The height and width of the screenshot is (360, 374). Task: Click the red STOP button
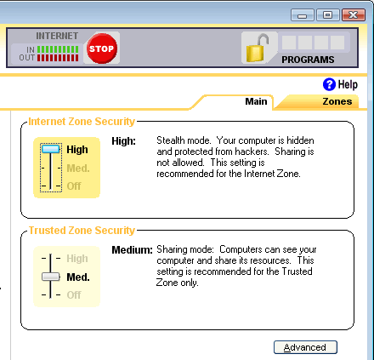(x=102, y=49)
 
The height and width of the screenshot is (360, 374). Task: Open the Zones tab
(x=337, y=101)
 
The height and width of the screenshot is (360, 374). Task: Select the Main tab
(x=256, y=101)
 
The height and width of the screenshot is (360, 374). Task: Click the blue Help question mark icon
(x=329, y=84)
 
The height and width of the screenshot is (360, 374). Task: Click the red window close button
(x=354, y=14)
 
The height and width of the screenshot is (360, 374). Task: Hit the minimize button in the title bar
(x=303, y=14)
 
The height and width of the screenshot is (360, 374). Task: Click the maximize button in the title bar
(x=328, y=14)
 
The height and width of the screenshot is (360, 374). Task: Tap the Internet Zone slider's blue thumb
(x=51, y=149)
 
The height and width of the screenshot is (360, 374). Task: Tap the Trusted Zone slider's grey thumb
(x=51, y=277)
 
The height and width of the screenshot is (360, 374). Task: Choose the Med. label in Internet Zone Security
(x=78, y=169)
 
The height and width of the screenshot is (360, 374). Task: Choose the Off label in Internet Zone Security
(x=74, y=186)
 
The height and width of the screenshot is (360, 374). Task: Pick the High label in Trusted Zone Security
(x=77, y=259)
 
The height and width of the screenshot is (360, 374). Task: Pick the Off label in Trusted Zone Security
(x=74, y=295)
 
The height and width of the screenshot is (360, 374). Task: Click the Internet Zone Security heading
(x=82, y=122)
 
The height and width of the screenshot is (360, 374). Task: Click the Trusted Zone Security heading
(x=82, y=231)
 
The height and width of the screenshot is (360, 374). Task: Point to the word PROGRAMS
(x=308, y=60)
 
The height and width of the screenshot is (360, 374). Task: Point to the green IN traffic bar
(x=58, y=49)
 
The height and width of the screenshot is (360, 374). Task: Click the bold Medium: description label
(x=132, y=250)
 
